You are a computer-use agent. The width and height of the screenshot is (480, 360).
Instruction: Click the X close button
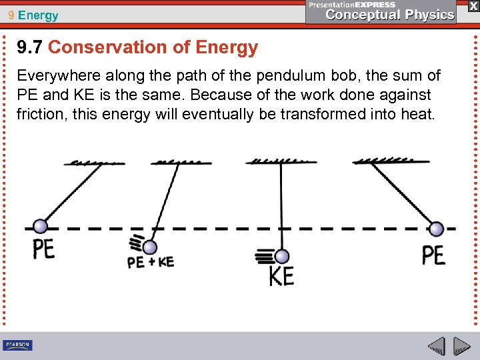click(x=473, y=6)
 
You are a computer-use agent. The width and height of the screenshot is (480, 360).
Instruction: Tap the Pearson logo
click(x=17, y=345)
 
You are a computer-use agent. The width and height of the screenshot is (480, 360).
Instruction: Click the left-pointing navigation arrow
click(x=437, y=347)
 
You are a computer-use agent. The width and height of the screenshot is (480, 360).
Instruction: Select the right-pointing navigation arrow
click(x=461, y=347)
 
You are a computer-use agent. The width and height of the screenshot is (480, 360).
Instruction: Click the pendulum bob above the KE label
click(x=281, y=257)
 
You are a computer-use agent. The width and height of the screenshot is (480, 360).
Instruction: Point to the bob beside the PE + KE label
click(x=150, y=247)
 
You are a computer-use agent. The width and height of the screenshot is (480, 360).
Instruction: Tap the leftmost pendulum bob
click(x=41, y=227)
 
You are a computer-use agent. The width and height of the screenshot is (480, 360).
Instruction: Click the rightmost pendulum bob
click(x=436, y=229)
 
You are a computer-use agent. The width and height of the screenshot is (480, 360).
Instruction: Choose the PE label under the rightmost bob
click(x=433, y=255)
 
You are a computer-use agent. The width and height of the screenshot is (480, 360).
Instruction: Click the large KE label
click(x=281, y=275)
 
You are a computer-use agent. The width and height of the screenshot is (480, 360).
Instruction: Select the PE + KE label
click(x=151, y=262)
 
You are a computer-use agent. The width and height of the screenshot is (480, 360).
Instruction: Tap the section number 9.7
click(x=30, y=47)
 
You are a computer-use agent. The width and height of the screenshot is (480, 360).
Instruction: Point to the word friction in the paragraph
click(x=38, y=114)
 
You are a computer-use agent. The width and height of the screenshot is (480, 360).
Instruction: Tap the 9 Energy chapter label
click(x=34, y=15)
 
